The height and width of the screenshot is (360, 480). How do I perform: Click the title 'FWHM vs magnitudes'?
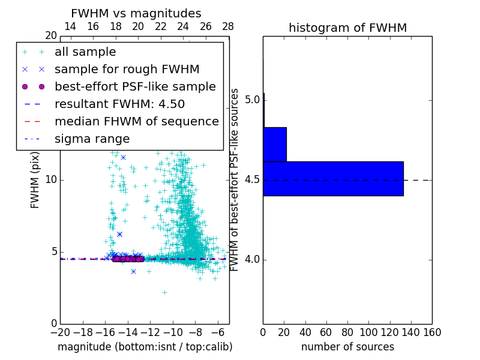136,14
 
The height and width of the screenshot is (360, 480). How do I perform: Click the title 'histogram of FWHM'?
347,28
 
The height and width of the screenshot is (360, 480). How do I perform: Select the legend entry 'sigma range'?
92,139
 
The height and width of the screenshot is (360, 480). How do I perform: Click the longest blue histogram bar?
333,178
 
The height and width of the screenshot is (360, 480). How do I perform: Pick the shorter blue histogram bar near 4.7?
275,144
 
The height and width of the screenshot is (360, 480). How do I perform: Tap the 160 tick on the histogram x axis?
432,332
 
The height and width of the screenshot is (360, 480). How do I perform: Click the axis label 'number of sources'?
347,347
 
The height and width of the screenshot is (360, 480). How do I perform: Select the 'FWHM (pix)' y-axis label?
35,180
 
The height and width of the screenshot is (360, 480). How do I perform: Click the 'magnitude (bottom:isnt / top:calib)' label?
145,347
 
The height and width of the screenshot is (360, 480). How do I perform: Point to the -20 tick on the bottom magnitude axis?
60,332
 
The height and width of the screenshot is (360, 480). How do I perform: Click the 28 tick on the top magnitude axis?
229,26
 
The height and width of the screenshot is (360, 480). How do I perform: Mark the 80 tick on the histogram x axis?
347,332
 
